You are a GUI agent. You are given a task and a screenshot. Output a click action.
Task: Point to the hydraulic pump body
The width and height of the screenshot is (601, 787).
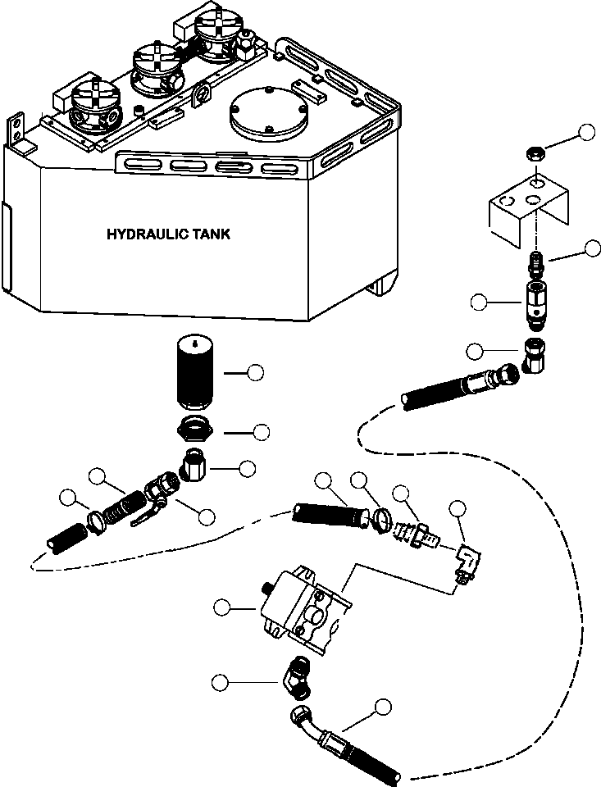pyautogui.click(x=299, y=608)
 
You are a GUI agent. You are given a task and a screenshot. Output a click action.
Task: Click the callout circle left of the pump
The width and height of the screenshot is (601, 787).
pyautogui.click(x=221, y=607)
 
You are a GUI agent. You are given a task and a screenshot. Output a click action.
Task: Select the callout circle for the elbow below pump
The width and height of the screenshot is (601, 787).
pyautogui.click(x=221, y=683)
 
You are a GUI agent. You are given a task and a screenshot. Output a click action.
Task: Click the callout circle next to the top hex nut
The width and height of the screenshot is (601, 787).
pyautogui.click(x=586, y=133)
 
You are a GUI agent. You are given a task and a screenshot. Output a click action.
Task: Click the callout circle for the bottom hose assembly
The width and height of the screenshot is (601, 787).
pyautogui.click(x=383, y=706)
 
